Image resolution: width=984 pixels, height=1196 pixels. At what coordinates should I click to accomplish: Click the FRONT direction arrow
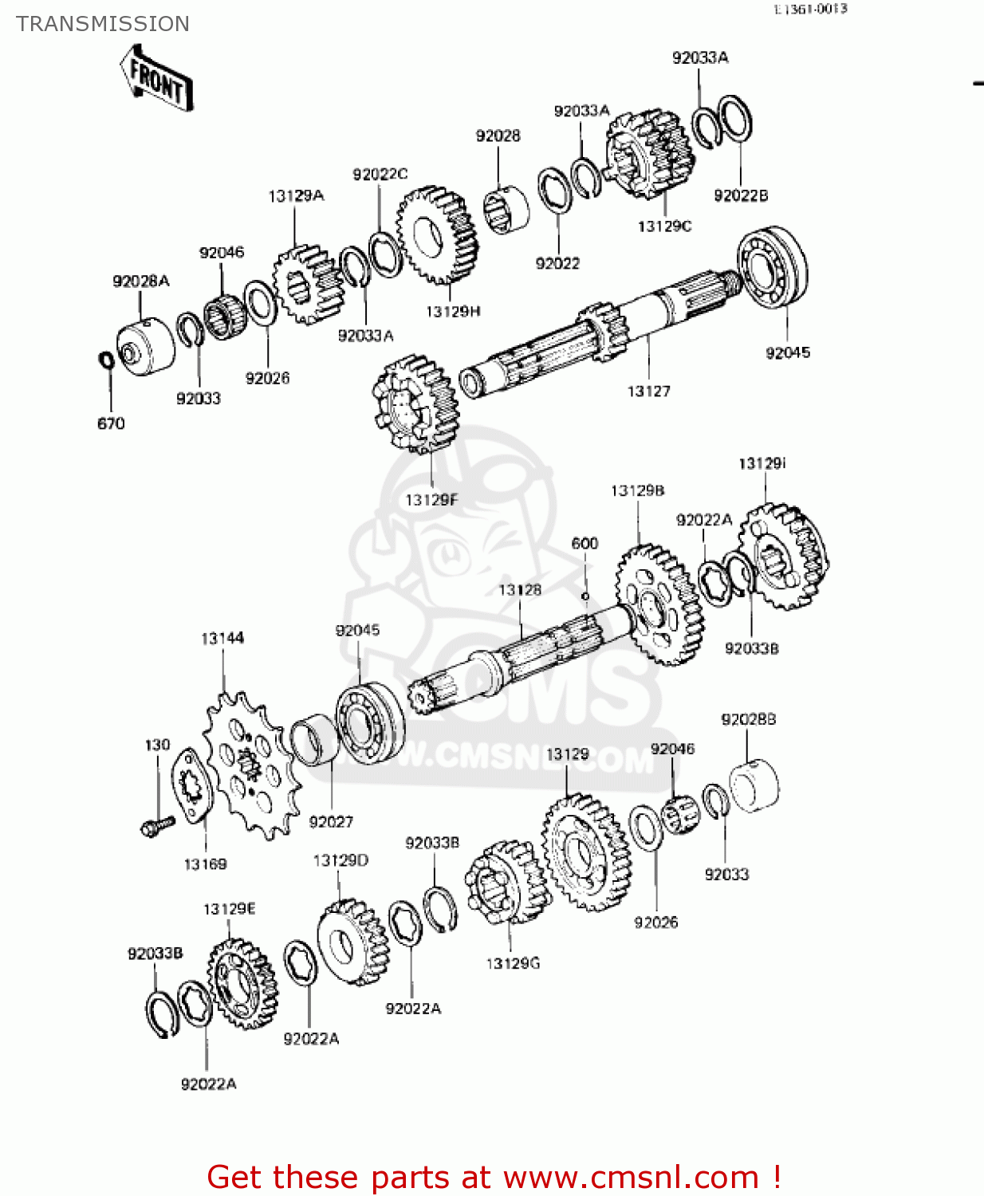click(157, 78)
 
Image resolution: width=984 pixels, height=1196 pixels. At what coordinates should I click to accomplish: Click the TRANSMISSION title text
click(103, 24)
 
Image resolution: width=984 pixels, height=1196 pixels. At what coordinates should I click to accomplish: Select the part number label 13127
click(648, 391)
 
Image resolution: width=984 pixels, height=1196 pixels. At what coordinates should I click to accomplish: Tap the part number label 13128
click(520, 590)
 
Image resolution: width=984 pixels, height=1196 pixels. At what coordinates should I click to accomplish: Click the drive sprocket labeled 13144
click(251, 764)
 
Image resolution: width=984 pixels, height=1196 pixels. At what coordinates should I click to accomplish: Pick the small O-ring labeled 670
click(105, 360)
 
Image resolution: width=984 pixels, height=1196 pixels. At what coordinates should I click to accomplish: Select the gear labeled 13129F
click(415, 404)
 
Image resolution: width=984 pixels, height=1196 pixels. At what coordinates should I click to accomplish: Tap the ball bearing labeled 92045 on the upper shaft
click(772, 266)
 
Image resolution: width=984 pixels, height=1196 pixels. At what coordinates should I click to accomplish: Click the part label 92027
click(330, 822)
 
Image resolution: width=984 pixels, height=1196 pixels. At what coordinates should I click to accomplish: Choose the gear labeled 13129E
click(242, 983)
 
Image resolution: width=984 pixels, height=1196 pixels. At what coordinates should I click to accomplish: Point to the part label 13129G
click(513, 963)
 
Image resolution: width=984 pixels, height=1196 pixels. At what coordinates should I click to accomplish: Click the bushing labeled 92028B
click(754, 785)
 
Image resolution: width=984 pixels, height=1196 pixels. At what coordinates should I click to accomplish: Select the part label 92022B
click(740, 195)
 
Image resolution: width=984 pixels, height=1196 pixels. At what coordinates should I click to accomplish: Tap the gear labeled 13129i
click(783, 556)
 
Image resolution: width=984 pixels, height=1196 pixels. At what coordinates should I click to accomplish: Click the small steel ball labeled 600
click(584, 596)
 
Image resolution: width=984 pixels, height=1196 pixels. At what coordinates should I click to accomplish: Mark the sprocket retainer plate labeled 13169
click(191, 784)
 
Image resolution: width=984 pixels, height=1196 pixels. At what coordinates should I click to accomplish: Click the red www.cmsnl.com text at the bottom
click(494, 1177)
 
